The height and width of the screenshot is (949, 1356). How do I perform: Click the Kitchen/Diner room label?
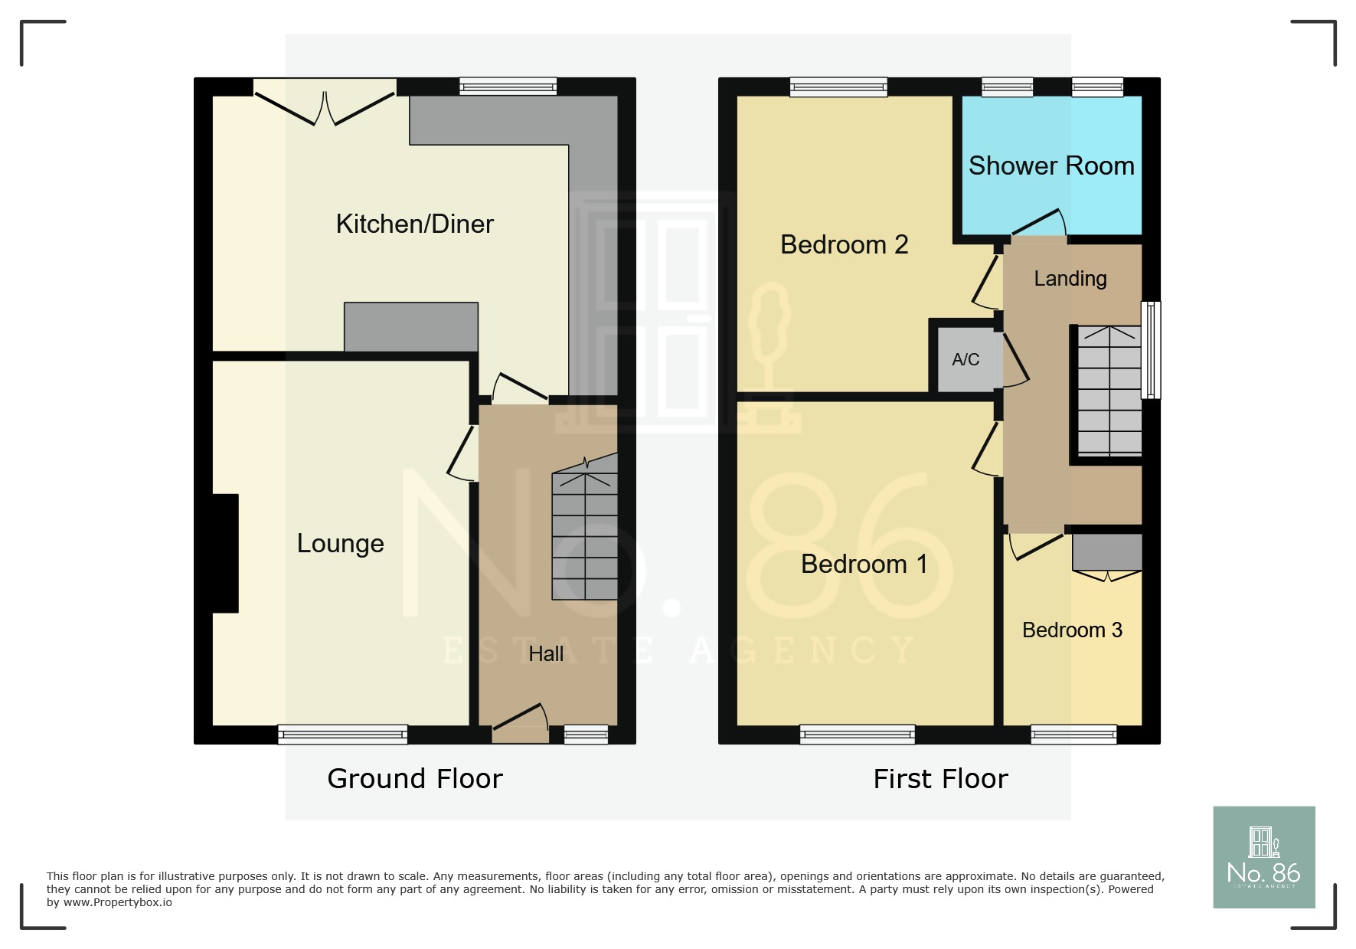click(x=414, y=224)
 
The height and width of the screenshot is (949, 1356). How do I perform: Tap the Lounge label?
click(x=340, y=543)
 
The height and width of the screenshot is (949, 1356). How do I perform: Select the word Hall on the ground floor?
click(x=546, y=654)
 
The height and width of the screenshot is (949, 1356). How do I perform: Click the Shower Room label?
click(x=1050, y=165)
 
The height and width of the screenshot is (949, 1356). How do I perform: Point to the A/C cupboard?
click(x=965, y=360)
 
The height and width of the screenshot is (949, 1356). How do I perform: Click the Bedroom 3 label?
click(x=1071, y=630)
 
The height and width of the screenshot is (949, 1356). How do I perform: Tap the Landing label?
click(x=1070, y=278)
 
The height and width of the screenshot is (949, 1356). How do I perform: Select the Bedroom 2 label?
click(x=844, y=244)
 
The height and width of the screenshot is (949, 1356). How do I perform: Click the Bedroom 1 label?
click(x=864, y=564)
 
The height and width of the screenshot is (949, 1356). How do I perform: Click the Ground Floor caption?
click(x=414, y=779)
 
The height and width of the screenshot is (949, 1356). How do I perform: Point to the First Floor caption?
click(x=939, y=779)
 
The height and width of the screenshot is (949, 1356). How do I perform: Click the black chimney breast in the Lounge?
click(x=225, y=553)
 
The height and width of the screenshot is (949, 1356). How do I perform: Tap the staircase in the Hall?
click(x=585, y=536)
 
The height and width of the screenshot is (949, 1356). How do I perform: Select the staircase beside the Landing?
click(x=1109, y=391)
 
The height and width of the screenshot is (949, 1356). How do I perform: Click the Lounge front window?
click(x=342, y=735)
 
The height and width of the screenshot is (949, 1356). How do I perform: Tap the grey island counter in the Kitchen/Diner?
click(x=410, y=327)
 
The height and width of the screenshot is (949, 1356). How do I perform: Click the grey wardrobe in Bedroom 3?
click(x=1106, y=551)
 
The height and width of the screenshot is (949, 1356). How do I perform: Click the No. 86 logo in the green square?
click(x=1263, y=857)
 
